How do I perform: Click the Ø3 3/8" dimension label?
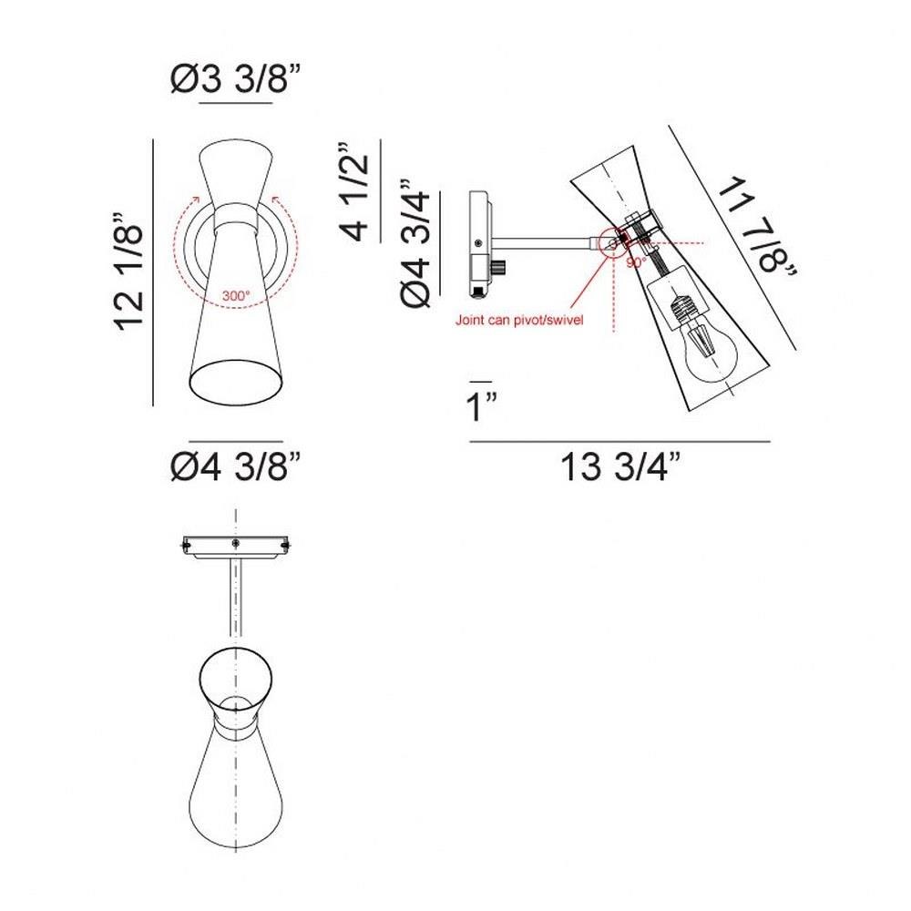(x=236, y=78)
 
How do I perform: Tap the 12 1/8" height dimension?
(x=128, y=271)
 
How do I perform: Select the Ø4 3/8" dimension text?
(x=236, y=466)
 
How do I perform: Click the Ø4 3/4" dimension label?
(x=416, y=243)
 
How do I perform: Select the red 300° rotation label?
(x=236, y=295)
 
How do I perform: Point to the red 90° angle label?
(x=636, y=262)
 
